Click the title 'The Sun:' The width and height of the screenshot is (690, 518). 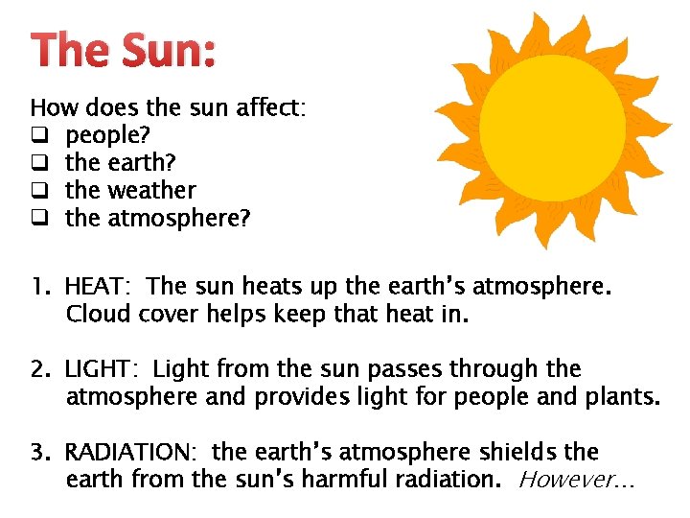(124, 49)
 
